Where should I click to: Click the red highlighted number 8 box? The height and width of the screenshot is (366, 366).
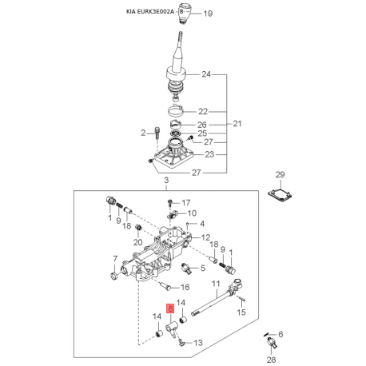(x=170, y=308)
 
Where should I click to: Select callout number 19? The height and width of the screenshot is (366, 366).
(x=208, y=14)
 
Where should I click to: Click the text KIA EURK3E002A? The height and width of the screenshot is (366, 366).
(x=150, y=12)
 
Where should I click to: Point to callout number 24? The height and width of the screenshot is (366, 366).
(x=206, y=74)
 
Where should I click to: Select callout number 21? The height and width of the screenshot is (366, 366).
(x=237, y=124)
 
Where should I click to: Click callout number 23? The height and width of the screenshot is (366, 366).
(x=209, y=154)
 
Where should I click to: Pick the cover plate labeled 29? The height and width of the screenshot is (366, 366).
(x=280, y=194)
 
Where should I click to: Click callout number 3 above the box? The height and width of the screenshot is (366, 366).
(x=166, y=180)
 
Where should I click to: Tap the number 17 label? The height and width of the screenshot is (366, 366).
(x=186, y=203)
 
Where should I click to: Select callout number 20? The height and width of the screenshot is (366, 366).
(x=138, y=242)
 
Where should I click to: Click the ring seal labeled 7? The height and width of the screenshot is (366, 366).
(x=114, y=276)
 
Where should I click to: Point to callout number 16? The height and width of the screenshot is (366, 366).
(x=185, y=287)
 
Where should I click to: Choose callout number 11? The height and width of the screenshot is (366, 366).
(x=216, y=284)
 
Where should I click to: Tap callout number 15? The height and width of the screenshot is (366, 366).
(x=241, y=312)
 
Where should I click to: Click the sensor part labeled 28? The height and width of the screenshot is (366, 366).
(x=272, y=342)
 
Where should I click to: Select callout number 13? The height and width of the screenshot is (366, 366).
(x=198, y=343)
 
